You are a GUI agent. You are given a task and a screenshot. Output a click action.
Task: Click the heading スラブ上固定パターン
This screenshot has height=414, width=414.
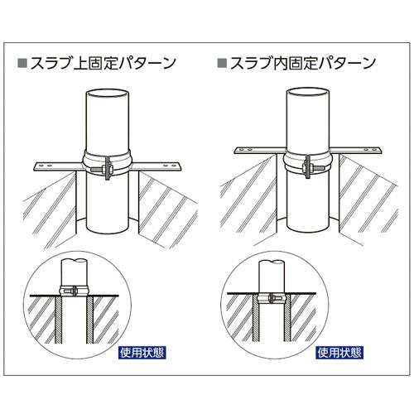click(103, 63)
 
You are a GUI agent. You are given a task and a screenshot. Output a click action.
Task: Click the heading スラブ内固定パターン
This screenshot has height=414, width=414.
click(303, 63)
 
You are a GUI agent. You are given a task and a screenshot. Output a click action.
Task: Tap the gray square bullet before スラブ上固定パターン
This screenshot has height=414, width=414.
click(22, 63)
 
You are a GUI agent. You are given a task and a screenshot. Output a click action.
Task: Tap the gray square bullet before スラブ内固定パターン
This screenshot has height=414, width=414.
click(222, 63)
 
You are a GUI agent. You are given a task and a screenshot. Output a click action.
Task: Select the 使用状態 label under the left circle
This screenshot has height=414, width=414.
click(142, 353)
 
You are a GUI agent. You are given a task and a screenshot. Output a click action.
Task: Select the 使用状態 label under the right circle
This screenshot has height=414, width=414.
click(339, 353)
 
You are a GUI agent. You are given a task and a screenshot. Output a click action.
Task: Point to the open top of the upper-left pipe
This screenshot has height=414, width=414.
click(108, 94)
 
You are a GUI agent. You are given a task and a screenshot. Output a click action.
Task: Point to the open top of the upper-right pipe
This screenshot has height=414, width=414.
click(308, 92)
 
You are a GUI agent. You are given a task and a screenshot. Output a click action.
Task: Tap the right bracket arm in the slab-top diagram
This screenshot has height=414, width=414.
click(156, 166)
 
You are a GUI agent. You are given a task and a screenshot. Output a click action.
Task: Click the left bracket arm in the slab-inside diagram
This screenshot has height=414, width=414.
click(260, 150)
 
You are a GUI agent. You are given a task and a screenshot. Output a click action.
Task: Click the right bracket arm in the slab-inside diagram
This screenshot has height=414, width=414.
click(356, 151)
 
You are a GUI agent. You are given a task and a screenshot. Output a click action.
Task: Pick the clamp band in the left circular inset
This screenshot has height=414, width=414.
click(74, 290)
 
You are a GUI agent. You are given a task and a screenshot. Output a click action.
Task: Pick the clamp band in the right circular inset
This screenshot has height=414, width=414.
click(272, 298)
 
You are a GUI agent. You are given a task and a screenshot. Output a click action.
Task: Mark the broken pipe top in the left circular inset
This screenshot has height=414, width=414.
click(74, 261)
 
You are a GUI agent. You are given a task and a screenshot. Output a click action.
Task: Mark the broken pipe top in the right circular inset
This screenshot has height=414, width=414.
click(272, 262)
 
